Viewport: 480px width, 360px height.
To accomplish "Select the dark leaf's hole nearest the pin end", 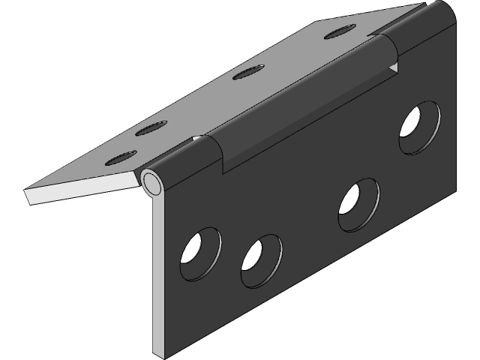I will (x=200, y=253).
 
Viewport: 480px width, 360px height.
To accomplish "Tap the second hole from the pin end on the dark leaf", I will (x=261, y=259).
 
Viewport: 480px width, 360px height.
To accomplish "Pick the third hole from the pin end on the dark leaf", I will (x=358, y=204).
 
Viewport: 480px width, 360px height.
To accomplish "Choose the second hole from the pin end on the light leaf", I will (x=150, y=128).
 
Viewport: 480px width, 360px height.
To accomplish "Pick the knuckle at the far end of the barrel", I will (x=424, y=30).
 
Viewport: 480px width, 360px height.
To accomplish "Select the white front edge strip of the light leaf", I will (x=82, y=188).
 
